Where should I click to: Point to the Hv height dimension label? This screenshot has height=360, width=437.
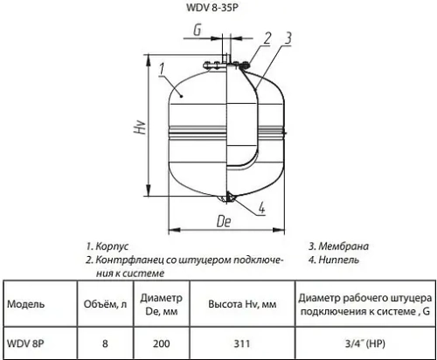[139, 130]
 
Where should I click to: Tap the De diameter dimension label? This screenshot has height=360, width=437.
[223, 222]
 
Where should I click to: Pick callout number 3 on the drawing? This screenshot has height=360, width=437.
[288, 38]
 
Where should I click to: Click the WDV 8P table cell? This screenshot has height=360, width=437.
[25, 343]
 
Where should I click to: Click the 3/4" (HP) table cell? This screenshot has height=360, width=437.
[365, 343]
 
